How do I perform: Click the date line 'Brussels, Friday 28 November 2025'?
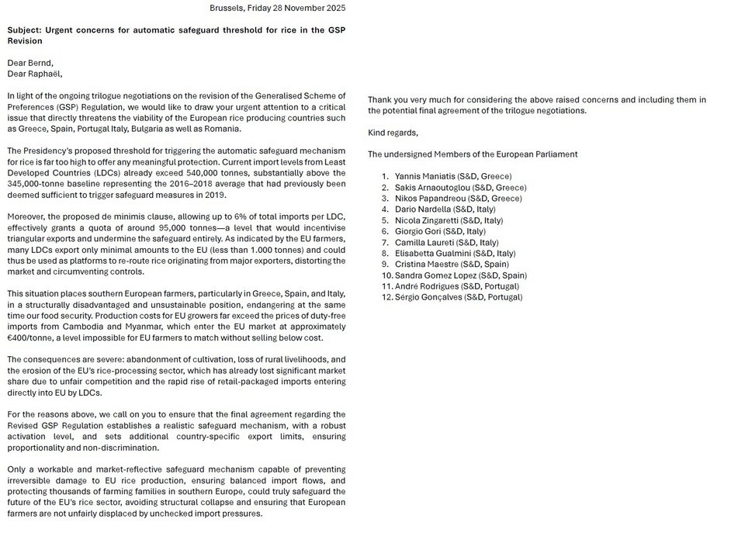(278, 8)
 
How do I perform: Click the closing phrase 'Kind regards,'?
(393, 133)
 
